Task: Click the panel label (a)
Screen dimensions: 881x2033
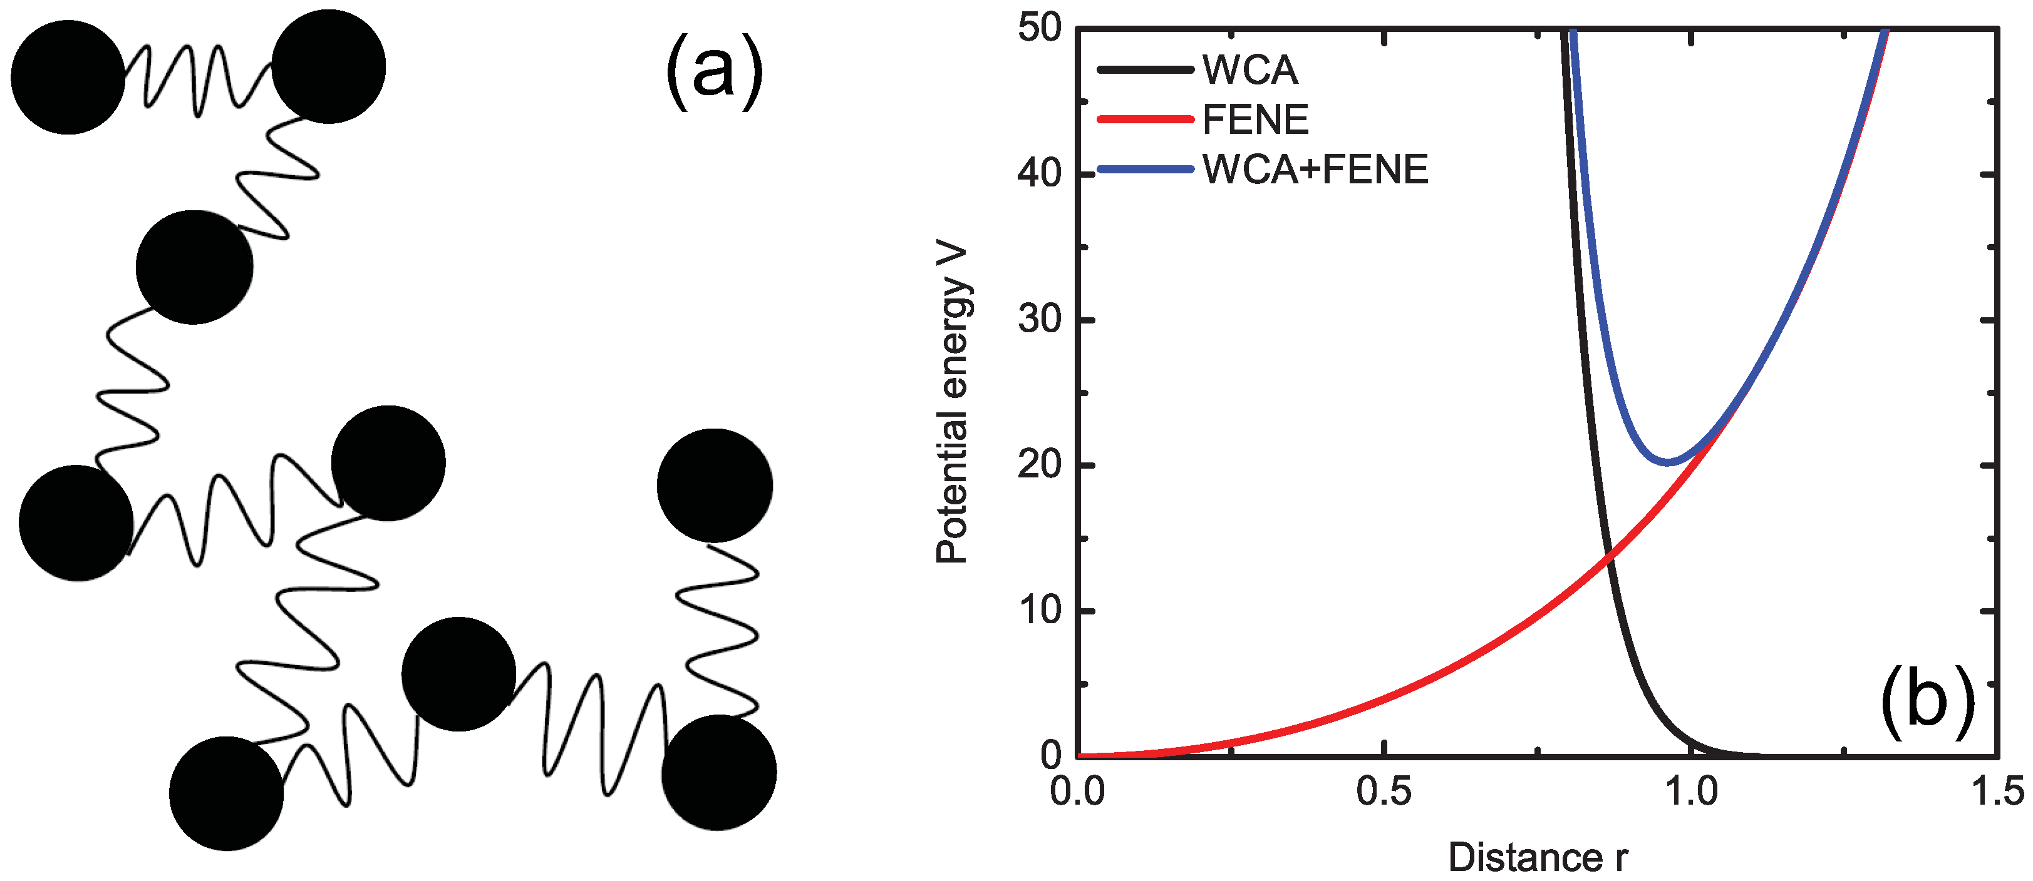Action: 714,75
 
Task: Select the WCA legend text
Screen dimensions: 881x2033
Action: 1250,70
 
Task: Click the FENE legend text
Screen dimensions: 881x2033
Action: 1255,120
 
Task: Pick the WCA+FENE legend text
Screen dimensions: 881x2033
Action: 1316,170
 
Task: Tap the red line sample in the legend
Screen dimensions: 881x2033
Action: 1144,120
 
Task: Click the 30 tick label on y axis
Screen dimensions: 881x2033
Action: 1040,320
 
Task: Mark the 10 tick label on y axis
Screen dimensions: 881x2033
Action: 1040,611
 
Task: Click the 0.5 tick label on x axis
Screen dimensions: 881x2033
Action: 1384,791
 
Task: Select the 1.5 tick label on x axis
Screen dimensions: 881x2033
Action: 1997,791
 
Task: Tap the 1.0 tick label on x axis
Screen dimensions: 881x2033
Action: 1691,791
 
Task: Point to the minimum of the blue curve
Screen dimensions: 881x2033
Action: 1668,462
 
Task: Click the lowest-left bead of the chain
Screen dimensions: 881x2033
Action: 227,793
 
